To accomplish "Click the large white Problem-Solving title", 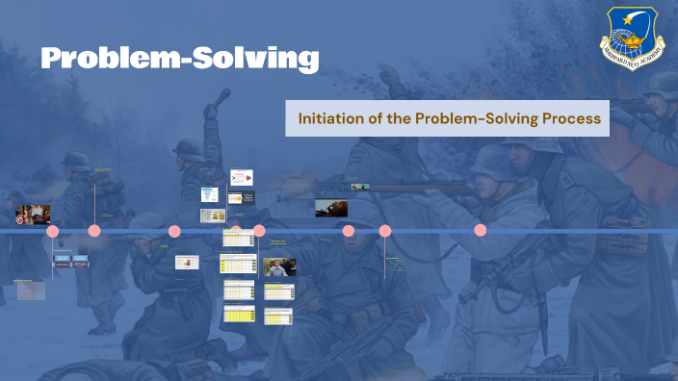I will tap(179, 58).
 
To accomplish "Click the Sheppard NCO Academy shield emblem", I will tap(634, 39).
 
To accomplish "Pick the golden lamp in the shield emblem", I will tap(634, 42).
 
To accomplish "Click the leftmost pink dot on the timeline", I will tap(53, 231).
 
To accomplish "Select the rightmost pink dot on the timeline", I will tap(480, 231).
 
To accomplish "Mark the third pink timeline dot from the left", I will tap(174, 231).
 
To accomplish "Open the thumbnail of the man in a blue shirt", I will tap(279, 267).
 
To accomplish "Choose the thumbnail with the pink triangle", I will tap(240, 177).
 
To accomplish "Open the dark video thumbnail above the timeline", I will tap(331, 208).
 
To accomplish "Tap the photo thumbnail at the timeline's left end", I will tap(33, 214).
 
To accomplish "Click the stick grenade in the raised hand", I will tap(222, 97).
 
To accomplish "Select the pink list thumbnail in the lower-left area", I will tap(30, 291).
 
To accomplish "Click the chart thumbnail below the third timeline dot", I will tap(187, 262).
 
